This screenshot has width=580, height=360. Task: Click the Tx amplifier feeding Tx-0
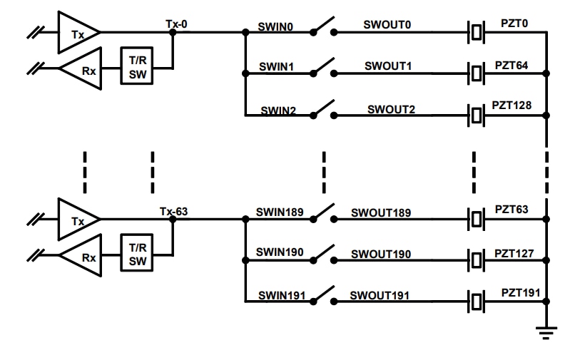click(77, 32)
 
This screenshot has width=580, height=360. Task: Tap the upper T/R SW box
click(138, 68)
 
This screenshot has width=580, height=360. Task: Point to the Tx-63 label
click(175, 211)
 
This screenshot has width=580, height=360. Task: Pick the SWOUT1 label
click(388, 66)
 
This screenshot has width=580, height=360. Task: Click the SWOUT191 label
click(380, 295)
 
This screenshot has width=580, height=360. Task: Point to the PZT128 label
click(511, 105)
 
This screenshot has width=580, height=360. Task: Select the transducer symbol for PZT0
click(476, 32)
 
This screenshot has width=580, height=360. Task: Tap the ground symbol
click(546, 330)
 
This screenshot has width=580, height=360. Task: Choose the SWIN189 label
click(280, 212)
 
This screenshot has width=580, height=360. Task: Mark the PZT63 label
click(512, 210)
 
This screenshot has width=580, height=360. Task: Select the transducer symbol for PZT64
click(476, 72)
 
